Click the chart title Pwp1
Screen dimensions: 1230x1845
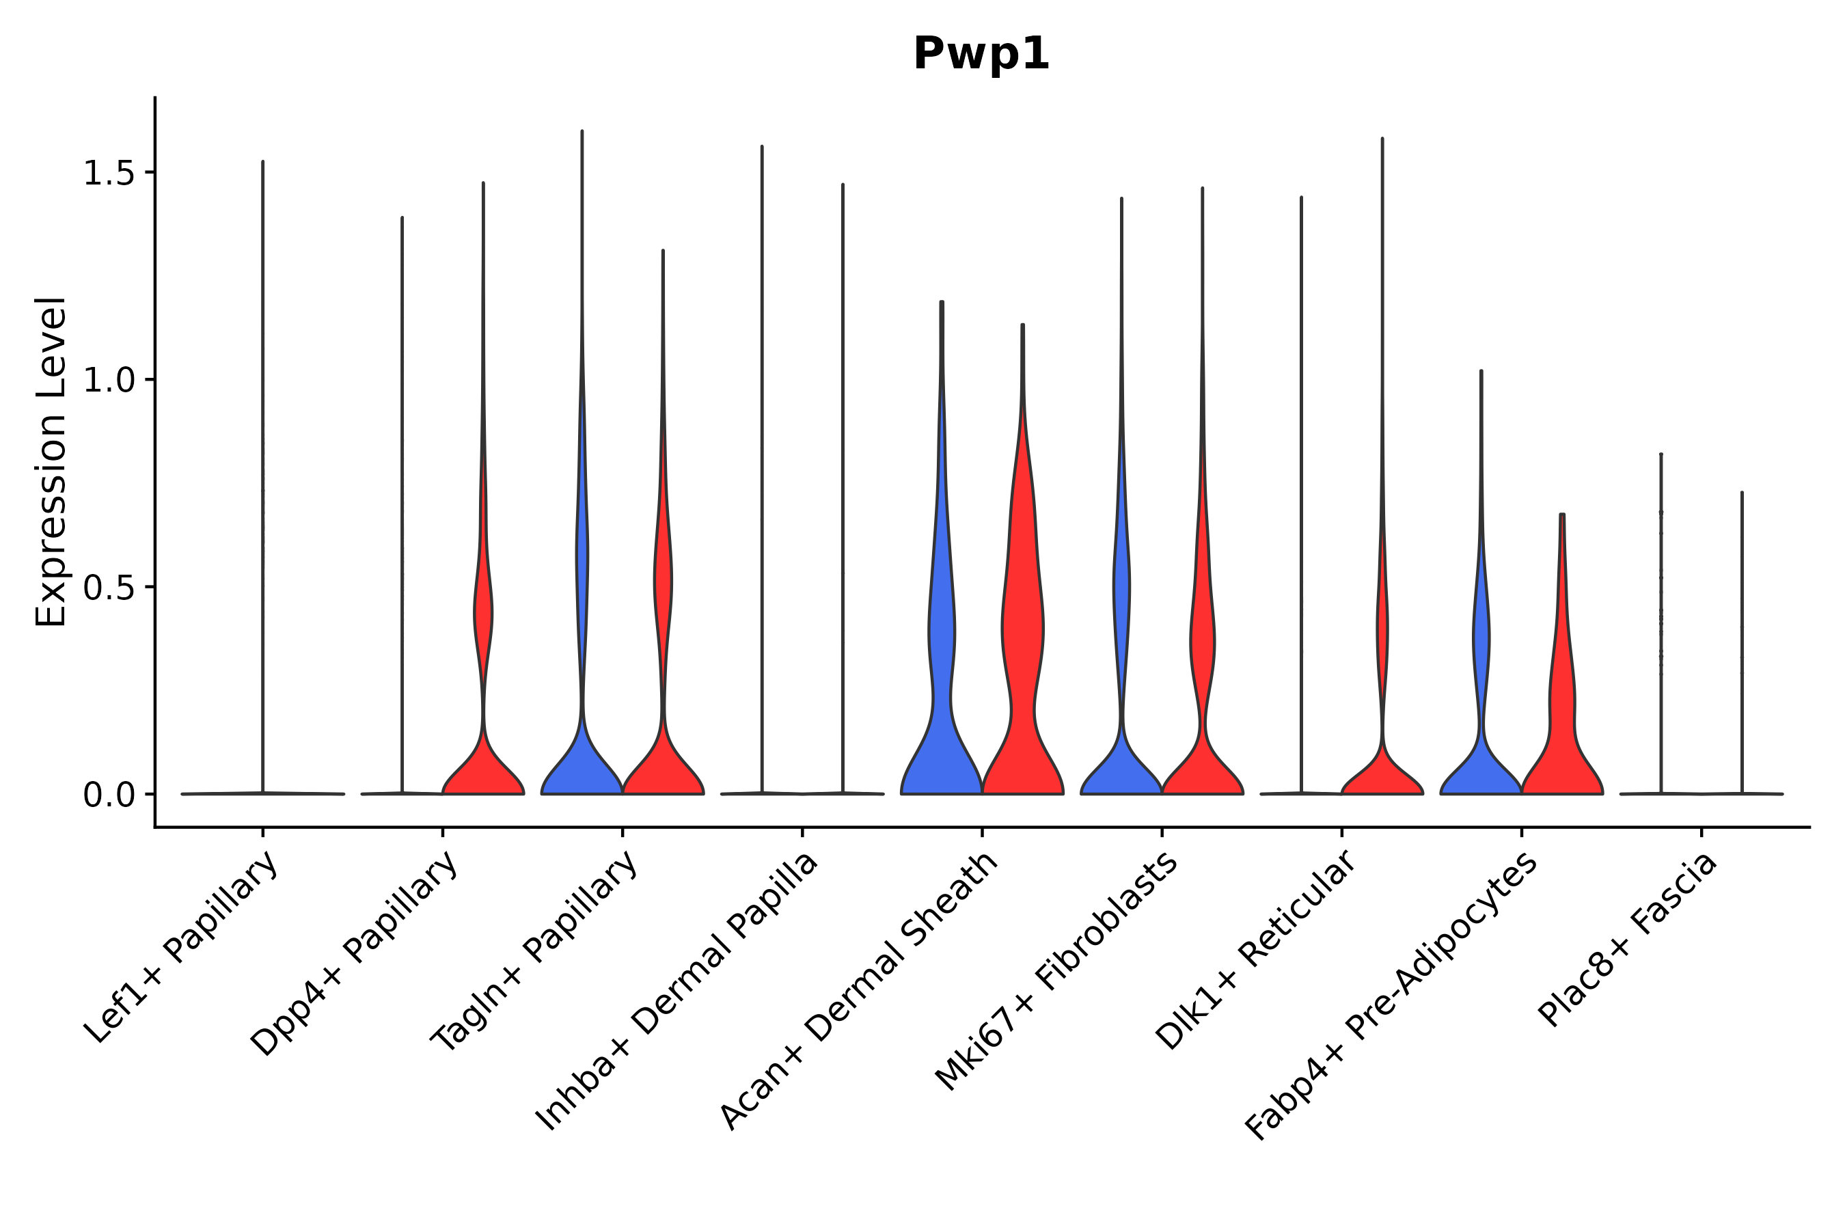[x=981, y=55]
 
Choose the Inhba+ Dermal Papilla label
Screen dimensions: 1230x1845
[x=677, y=992]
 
